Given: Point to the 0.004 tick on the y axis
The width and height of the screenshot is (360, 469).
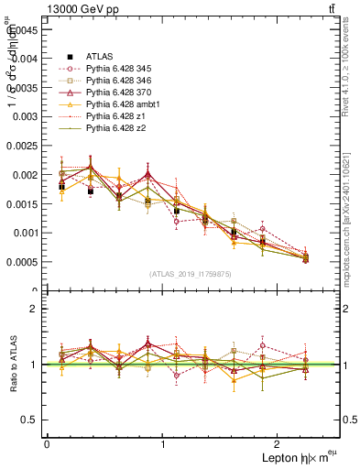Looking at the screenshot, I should (x=27, y=58).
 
